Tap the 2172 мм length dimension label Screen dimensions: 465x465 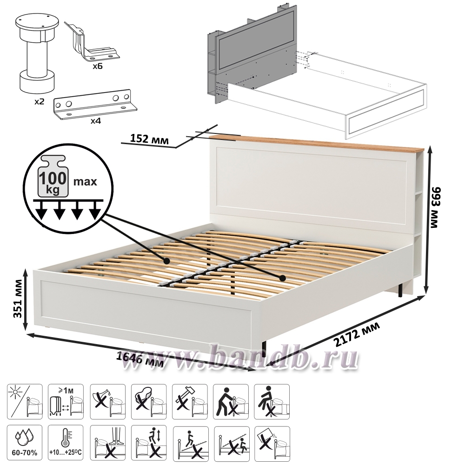click(357, 334)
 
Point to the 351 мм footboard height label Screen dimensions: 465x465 click(18, 299)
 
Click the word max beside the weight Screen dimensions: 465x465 click(85, 181)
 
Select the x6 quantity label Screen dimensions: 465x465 click(97, 66)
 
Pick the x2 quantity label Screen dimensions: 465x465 click(39, 102)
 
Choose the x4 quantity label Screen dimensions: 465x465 click(95, 121)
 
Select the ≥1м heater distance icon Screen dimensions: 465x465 click(66, 402)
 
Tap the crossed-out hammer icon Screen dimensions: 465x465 click(190, 402)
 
